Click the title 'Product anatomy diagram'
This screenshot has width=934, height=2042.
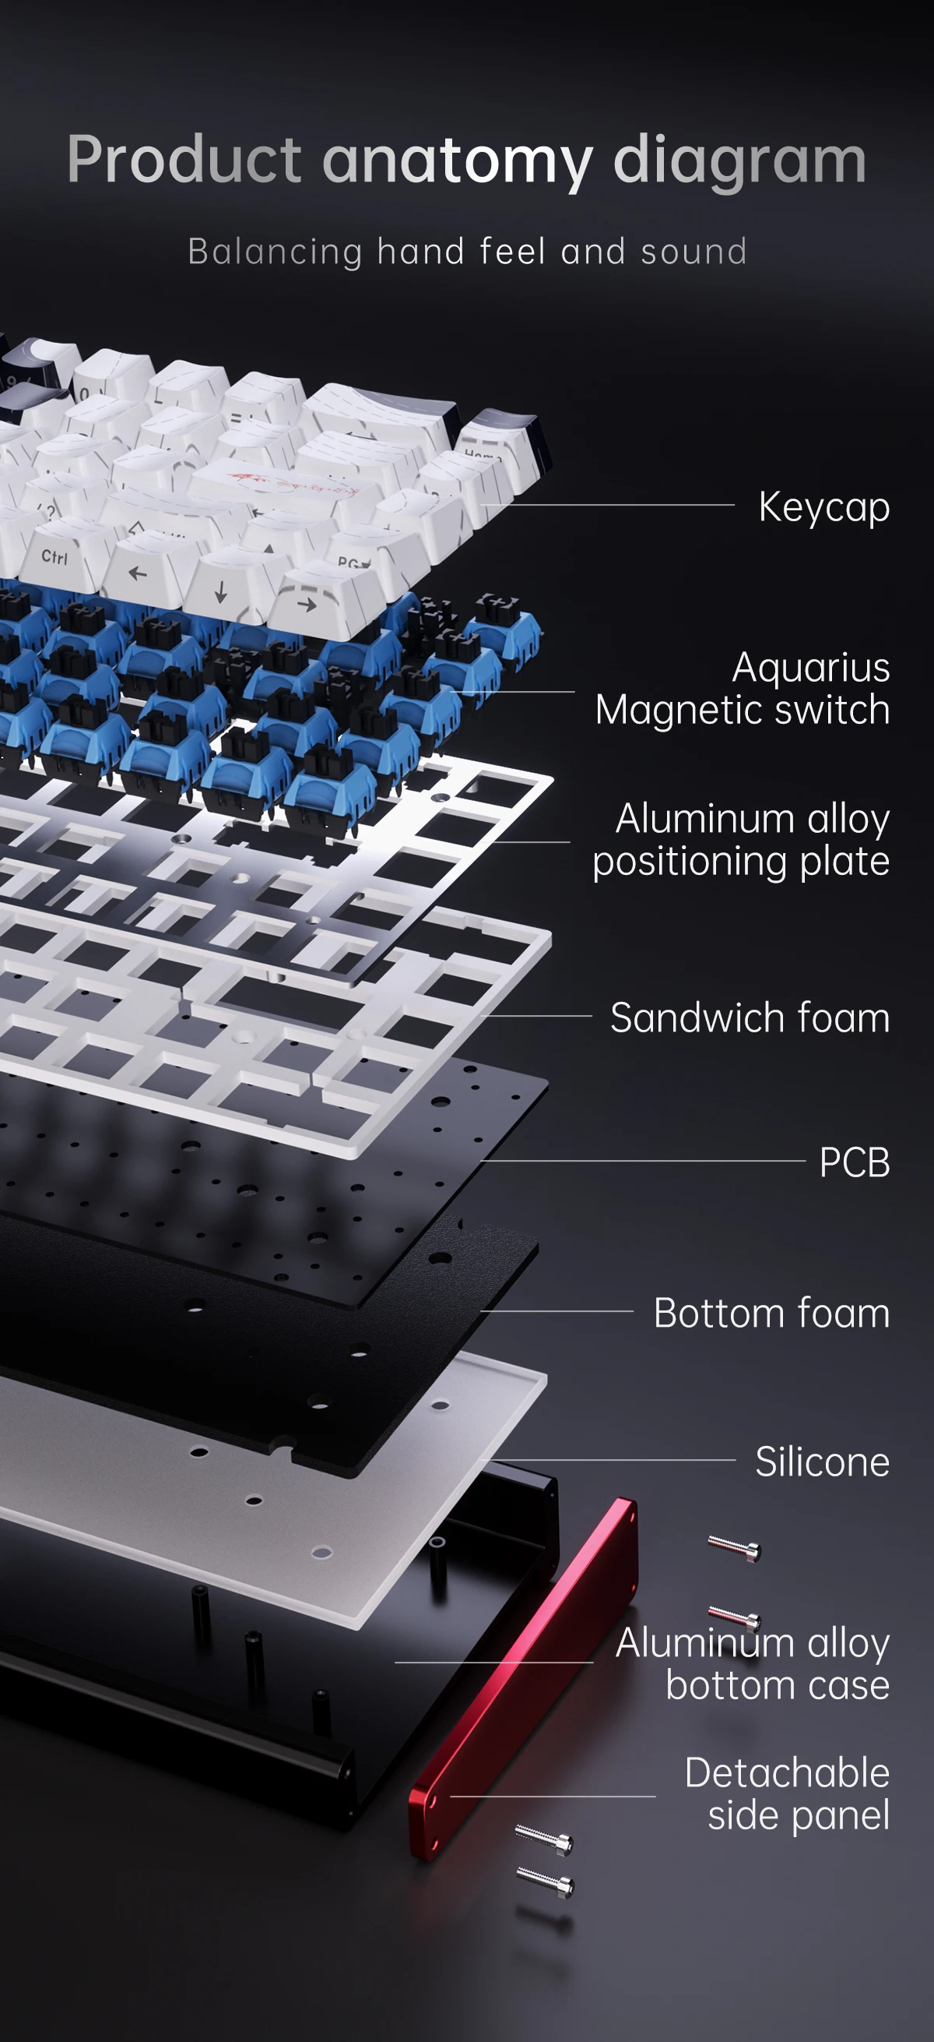[466, 160]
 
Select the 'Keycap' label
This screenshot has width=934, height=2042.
[824, 507]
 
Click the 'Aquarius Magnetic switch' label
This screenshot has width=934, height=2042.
[743, 688]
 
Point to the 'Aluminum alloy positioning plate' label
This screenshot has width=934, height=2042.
[742, 839]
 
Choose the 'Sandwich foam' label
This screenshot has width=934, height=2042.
[750, 1017]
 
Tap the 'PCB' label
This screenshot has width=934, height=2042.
[855, 1162]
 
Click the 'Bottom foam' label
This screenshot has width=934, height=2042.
[771, 1313]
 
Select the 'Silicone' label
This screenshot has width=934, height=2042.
[822, 1461]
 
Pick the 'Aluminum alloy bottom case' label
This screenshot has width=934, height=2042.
[753, 1663]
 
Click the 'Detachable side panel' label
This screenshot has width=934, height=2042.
[788, 1793]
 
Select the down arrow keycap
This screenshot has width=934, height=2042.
[221, 591]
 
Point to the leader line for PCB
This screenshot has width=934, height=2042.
[642, 1161]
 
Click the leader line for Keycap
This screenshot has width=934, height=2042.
[607, 504]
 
